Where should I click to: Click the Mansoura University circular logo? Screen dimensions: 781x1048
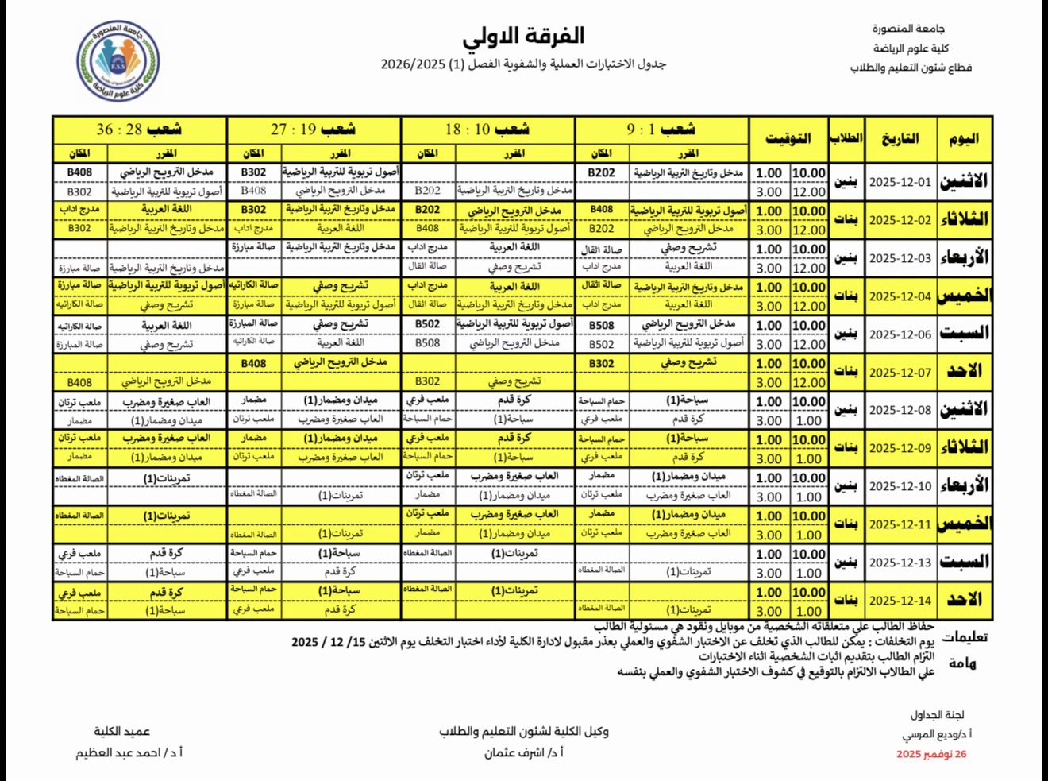click(118, 61)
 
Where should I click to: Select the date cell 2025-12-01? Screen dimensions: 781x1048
click(900, 182)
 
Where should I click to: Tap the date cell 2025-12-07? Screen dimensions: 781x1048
click(900, 372)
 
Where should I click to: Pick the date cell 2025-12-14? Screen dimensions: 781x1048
click(900, 601)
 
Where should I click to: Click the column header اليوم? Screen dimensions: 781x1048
click(963, 138)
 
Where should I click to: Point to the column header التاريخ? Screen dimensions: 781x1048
click(900, 138)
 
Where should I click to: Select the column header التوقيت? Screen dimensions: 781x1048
click(788, 138)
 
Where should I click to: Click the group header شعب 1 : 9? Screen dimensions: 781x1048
click(661, 129)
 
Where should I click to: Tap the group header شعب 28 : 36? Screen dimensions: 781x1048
click(139, 129)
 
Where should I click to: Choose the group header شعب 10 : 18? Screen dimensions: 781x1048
click(487, 129)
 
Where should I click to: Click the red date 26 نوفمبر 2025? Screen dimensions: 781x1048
click(931, 754)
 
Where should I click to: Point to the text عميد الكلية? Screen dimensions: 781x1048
click(121, 732)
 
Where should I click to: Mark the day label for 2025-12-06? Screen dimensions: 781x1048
click(963, 334)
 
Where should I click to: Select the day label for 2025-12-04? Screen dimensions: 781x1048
click(963, 296)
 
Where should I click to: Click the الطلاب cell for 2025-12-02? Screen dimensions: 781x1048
click(846, 220)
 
